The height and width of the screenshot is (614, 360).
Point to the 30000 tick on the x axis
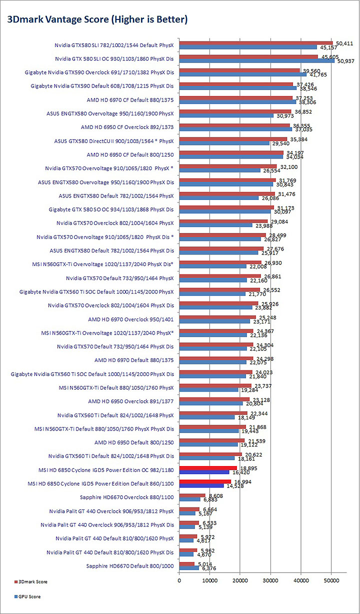270,580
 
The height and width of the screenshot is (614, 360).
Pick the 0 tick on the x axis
179,580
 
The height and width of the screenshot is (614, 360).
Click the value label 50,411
343,42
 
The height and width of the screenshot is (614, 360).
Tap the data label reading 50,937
345,61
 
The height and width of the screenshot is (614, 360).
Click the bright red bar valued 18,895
208,468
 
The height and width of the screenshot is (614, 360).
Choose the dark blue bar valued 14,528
201,485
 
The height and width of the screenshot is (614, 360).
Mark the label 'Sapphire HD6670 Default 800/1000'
130,566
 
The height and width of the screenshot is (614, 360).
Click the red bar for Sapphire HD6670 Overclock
192,495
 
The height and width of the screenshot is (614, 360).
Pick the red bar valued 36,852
235,111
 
